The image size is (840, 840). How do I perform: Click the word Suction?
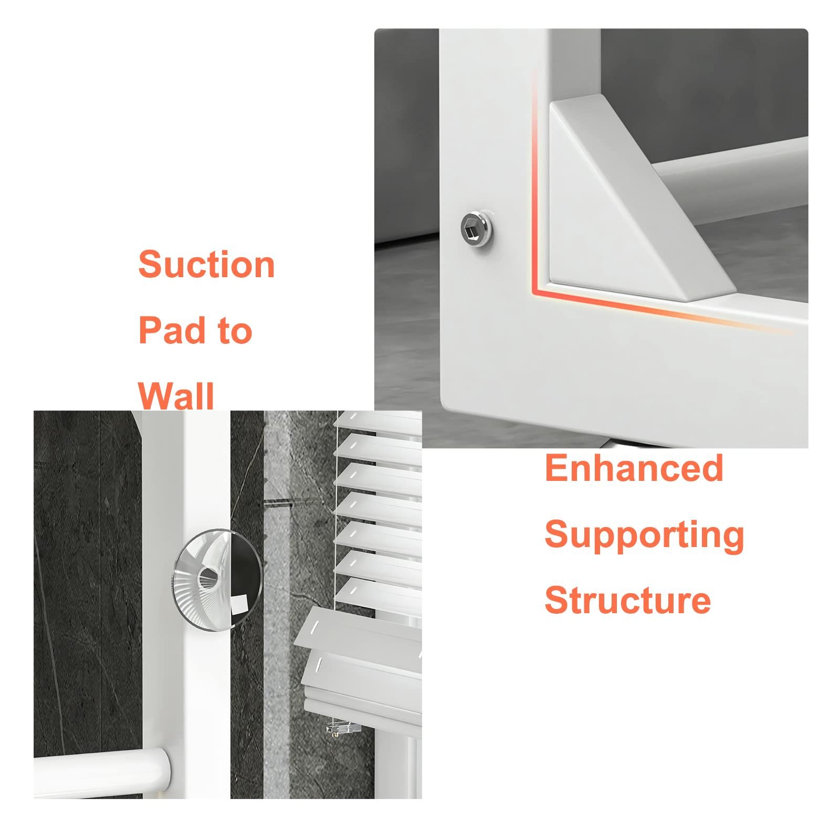pos(206,264)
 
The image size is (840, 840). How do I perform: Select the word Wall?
pos(176,396)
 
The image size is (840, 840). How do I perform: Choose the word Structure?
pos(627,600)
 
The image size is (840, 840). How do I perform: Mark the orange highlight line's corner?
pos(534,290)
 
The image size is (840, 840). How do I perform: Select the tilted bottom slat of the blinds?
pos(362,638)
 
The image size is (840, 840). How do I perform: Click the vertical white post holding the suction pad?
pos(186,604)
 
